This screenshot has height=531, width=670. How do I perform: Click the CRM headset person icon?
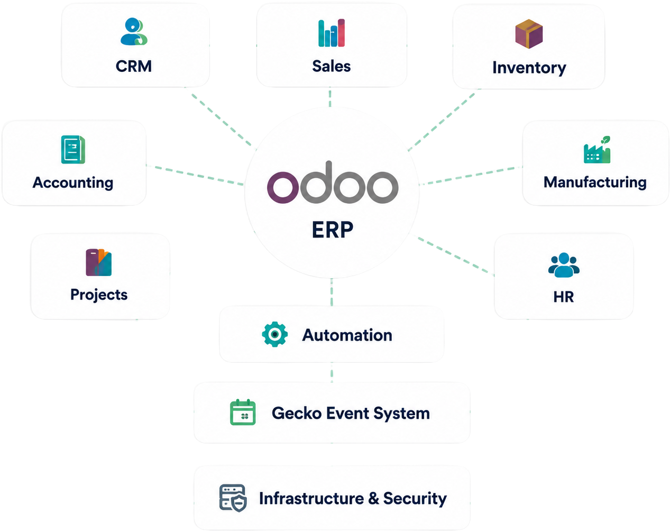click(134, 31)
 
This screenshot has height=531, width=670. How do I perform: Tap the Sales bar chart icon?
click(331, 33)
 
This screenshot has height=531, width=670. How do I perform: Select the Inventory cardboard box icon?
click(529, 34)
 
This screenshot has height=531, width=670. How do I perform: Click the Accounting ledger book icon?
click(73, 150)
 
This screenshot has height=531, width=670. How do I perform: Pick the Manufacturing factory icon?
click(597, 150)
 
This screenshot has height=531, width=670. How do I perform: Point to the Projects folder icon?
click(99, 262)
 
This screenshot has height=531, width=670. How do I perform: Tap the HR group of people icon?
click(564, 265)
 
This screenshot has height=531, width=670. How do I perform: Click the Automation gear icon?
click(274, 334)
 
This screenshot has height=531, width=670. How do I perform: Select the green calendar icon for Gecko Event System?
click(243, 412)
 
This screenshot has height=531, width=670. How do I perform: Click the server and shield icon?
click(233, 498)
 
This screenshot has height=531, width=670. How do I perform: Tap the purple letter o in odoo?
click(283, 187)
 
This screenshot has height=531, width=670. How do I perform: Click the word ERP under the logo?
click(333, 230)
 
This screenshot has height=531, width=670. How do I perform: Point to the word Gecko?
click(292, 413)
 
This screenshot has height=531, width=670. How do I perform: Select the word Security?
click(415, 499)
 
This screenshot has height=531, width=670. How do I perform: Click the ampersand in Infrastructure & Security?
click(374, 498)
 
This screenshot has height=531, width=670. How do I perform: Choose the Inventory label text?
click(529, 68)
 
